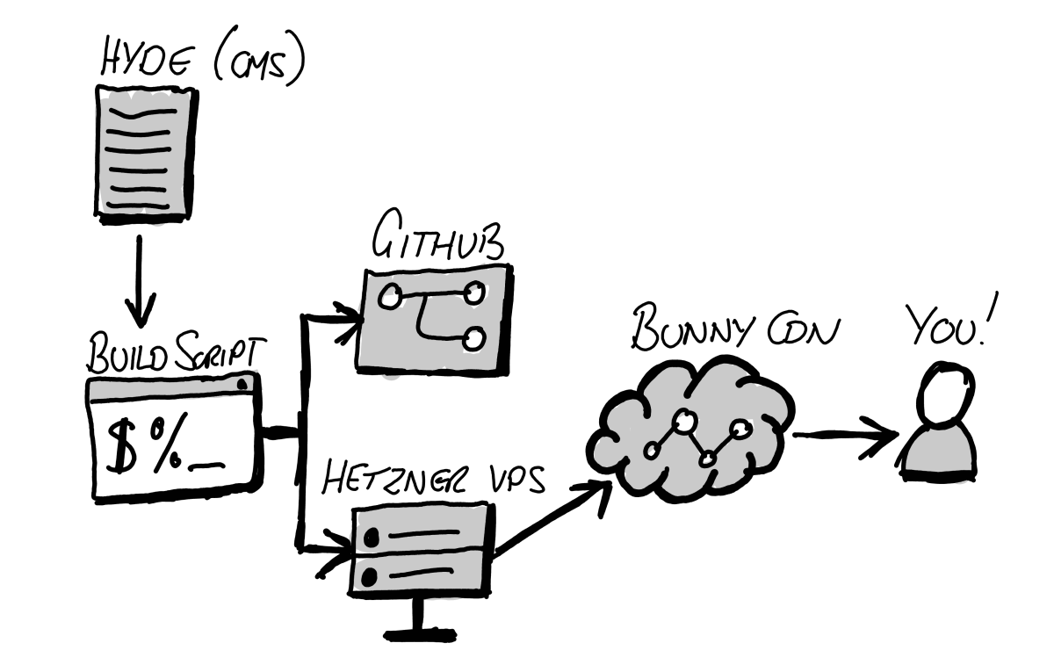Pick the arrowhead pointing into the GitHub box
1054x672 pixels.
350,316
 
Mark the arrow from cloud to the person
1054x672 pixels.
843,435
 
